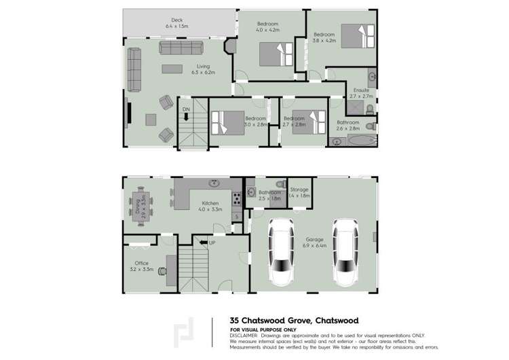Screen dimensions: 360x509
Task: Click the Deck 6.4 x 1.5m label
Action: point(178,23)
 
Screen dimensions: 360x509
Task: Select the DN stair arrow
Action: point(185,116)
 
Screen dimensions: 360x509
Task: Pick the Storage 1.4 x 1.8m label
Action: point(299,192)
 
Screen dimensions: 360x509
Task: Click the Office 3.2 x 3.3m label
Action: point(141,266)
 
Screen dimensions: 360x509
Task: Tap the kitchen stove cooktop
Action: point(237,199)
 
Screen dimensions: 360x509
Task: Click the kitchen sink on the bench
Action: point(214,182)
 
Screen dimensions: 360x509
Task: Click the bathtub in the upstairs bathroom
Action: point(354,142)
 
